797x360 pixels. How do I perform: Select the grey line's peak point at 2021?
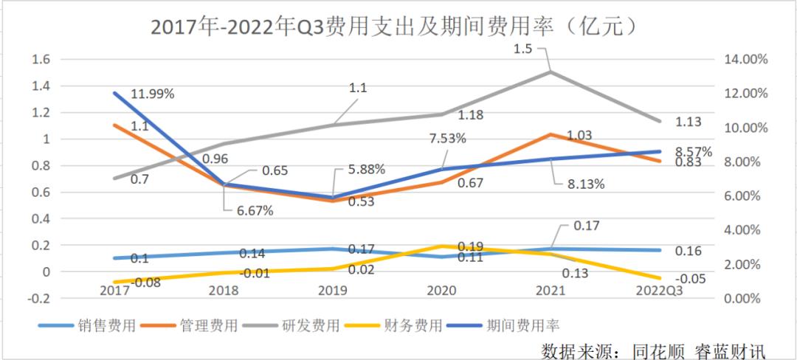pyautogui.click(x=550, y=72)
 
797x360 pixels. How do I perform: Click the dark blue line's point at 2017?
pyautogui.click(x=114, y=93)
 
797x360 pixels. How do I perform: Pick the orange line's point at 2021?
pyautogui.click(x=550, y=134)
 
